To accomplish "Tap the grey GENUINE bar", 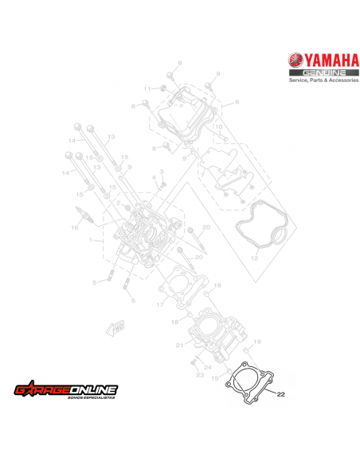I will (x=319, y=73).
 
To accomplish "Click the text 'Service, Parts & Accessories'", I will (x=319, y=81).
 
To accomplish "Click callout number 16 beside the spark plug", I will (x=73, y=227).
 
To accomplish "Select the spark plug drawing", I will (x=82, y=215).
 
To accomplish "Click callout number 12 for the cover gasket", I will (x=255, y=259).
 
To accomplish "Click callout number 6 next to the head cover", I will (x=237, y=103).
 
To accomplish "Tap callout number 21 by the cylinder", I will (x=180, y=344).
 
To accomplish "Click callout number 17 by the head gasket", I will (x=158, y=305).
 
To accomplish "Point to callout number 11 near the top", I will (x=147, y=88).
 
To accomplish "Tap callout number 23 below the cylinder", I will (x=199, y=374).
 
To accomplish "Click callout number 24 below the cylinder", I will (x=208, y=367).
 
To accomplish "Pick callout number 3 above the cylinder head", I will (x=161, y=172).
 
